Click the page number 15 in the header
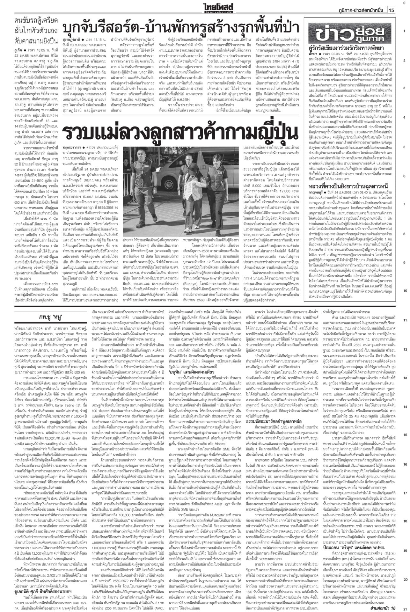pos(391,10)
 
